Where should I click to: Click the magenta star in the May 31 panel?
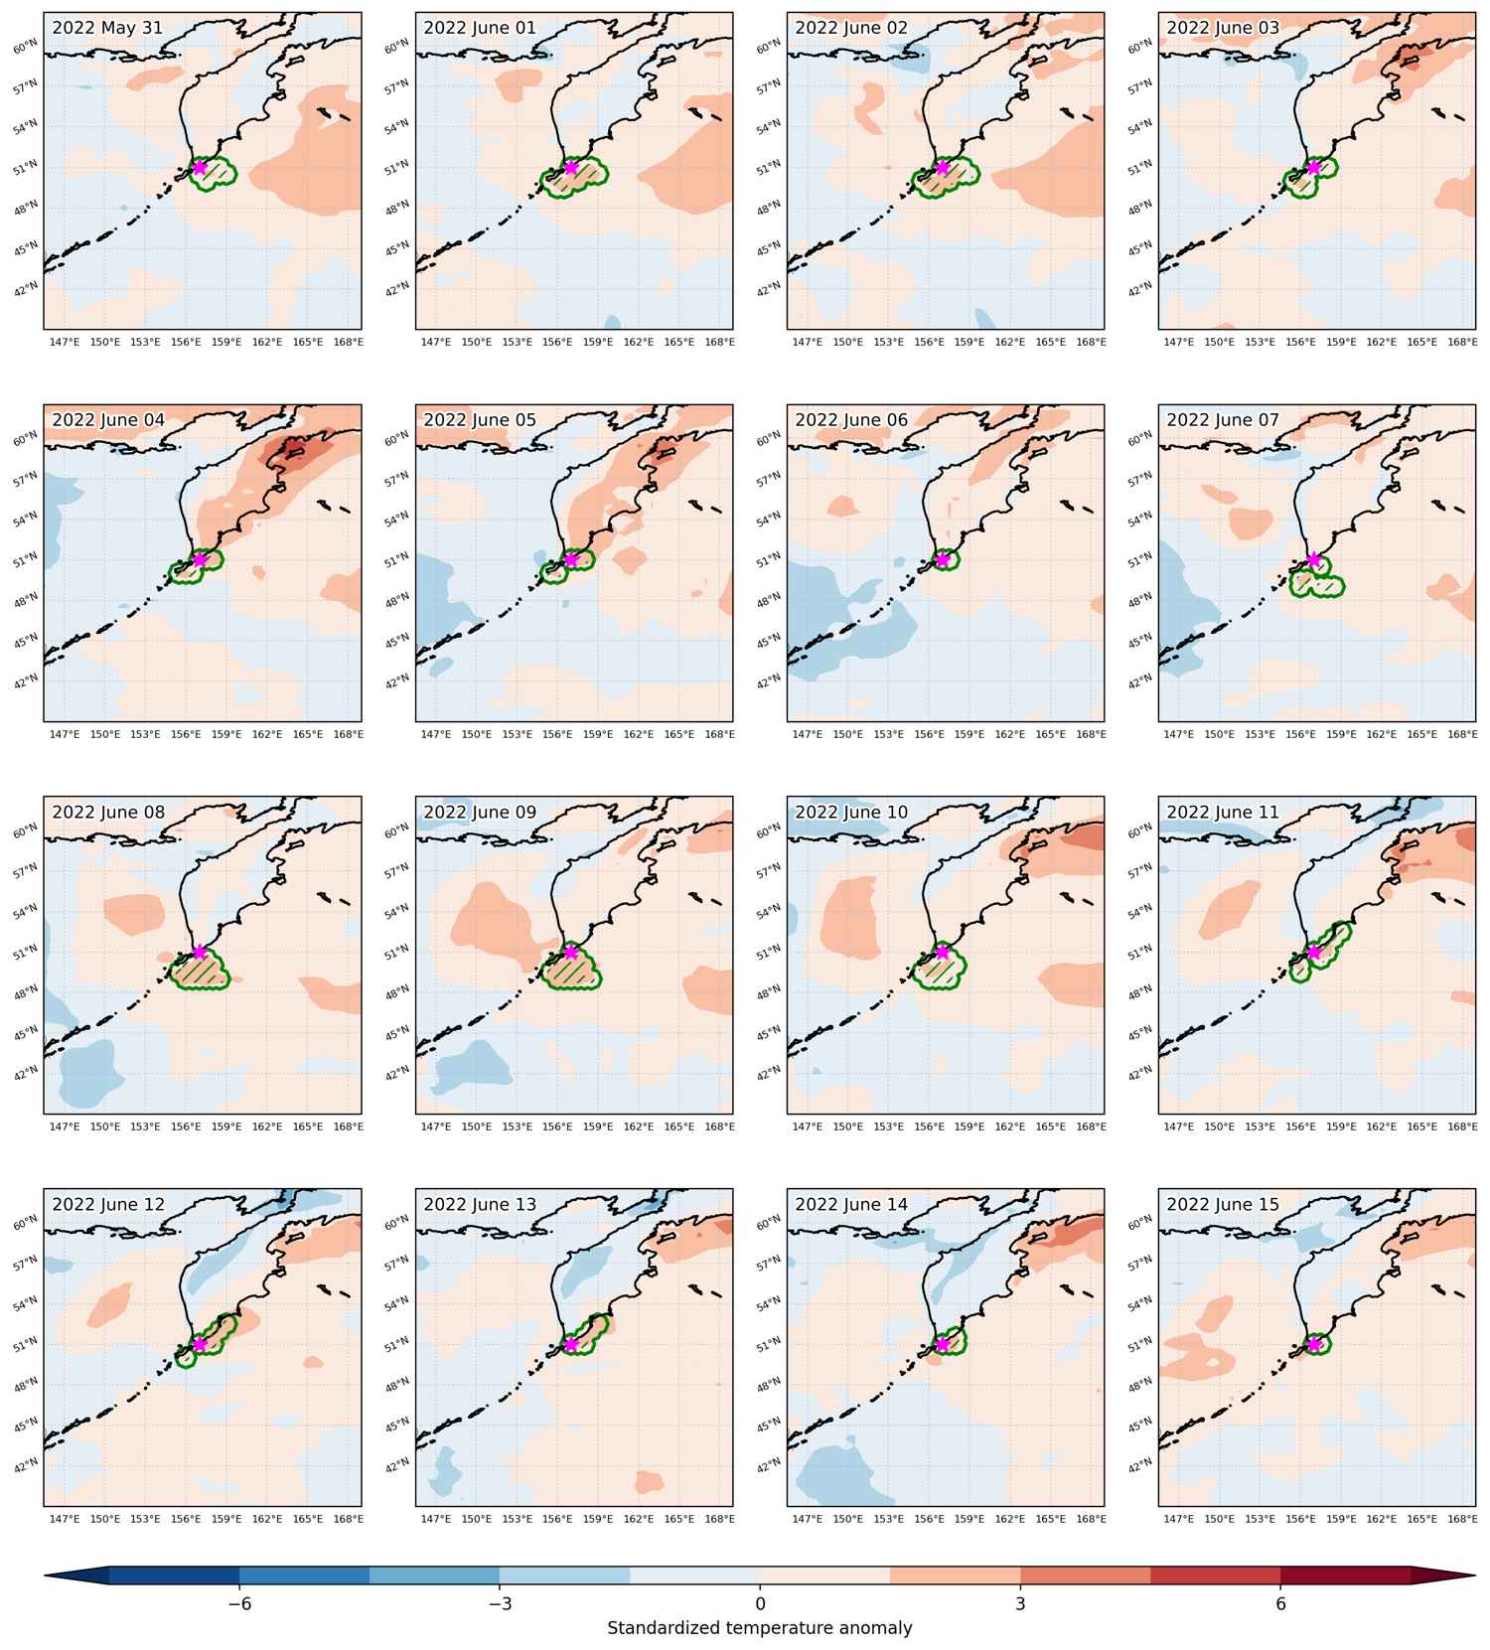click(200, 167)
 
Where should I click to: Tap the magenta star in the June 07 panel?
click(1314, 559)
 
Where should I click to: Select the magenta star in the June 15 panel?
click(1314, 1344)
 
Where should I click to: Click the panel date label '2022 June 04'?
click(108, 420)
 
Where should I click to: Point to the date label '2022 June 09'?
click(480, 813)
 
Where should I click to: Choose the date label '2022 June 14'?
click(851, 1205)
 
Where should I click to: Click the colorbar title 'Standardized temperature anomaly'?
click(760, 1628)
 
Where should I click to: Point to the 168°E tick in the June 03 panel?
click(1462, 342)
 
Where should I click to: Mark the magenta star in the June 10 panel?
click(943, 952)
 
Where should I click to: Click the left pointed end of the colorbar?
click(46, 1575)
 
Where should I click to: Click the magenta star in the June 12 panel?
click(200, 1344)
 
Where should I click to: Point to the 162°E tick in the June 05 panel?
click(639, 734)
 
